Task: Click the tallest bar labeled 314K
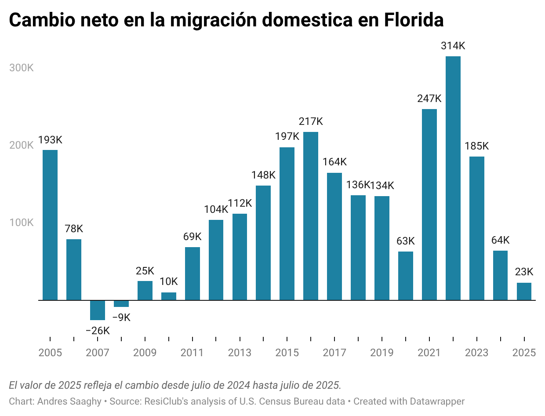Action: tap(453, 178)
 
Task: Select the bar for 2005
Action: tap(50, 225)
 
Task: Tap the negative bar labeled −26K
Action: tap(98, 310)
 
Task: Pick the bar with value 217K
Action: tap(311, 216)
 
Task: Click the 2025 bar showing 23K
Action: tap(524, 292)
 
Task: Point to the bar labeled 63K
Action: tap(406, 276)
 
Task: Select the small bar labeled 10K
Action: tap(169, 296)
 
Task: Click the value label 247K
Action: tap(429, 99)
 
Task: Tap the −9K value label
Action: tap(121, 317)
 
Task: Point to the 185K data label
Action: tap(477, 146)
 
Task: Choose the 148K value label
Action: tap(263, 175)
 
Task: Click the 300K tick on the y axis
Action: tap(21, 68)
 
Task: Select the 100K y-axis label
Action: tap(21, 223)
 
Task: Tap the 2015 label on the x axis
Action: tap(287, 353)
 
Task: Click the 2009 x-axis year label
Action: tap(145, 353)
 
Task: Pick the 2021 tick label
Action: tap(429, 353)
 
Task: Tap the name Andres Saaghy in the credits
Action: tap(69, 401)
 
